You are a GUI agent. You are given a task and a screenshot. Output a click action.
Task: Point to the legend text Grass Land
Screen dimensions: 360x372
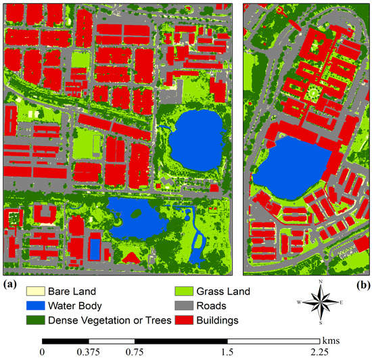click(222, 292)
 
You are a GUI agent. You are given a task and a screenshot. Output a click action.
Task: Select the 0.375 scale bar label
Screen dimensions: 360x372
click(89, 352)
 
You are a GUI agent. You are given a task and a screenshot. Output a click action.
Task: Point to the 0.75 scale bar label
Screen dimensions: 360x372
click(135, 352)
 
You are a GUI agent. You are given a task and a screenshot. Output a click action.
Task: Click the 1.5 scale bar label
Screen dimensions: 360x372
click(227, 352)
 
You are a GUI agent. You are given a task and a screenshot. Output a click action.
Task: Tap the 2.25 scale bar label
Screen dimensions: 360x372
click(320, 352)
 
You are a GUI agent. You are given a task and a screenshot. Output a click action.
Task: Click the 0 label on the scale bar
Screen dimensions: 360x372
click(43, 352)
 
